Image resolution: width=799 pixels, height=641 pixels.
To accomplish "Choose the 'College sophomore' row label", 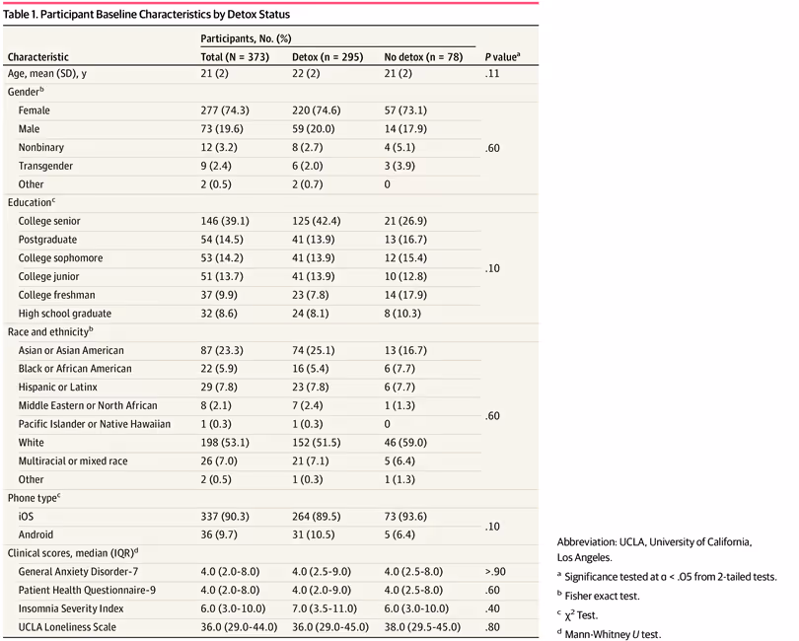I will (x=60, y=258).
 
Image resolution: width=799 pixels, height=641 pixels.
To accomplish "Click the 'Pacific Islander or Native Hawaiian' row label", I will (x=96, y=424).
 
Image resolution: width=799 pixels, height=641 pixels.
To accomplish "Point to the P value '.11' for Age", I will (x=492, y=74).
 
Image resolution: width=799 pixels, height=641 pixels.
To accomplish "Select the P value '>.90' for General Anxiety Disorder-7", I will (x=496, y=571).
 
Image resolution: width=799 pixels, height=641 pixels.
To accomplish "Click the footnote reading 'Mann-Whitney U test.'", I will (x=618, y=633).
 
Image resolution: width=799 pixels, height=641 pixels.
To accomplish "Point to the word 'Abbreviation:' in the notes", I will (x=590, y=541).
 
